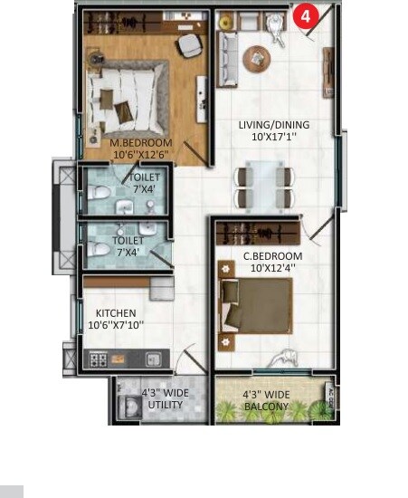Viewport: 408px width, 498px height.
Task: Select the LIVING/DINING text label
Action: click(x=273, y=125)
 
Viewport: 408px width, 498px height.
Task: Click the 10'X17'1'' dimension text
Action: click(x=273, y=139)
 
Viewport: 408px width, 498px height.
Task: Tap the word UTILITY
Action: click(x=165, y=405)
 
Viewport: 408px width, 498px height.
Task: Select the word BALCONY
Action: click(x=266, y=407)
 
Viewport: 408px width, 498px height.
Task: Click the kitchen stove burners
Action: click(x=100, y=359)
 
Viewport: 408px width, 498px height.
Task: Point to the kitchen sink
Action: click(x=145, y=359)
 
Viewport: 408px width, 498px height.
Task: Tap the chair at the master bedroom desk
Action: click(x=190, y=45)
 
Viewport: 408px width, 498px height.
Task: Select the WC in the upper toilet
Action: click(x=99, y=194)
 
